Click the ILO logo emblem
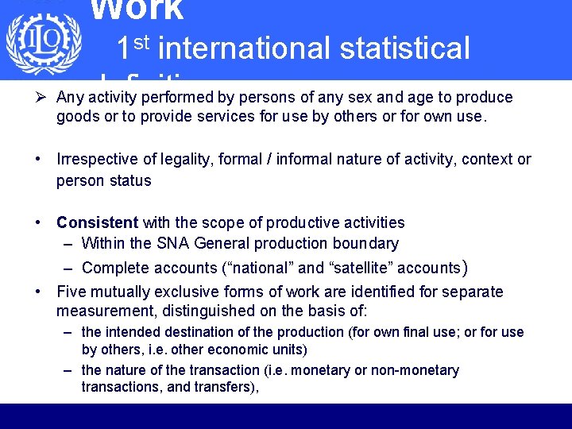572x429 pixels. click(x=43, y=43)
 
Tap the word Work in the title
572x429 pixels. click(x=137, y=10)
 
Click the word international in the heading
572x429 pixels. click(x=242, y=49)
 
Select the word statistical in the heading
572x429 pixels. click(x=404, y=49)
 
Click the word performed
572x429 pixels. click(x=176, y=98)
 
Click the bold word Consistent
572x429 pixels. click(x=97, y=223)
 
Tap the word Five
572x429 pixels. click(x=71, y=292)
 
